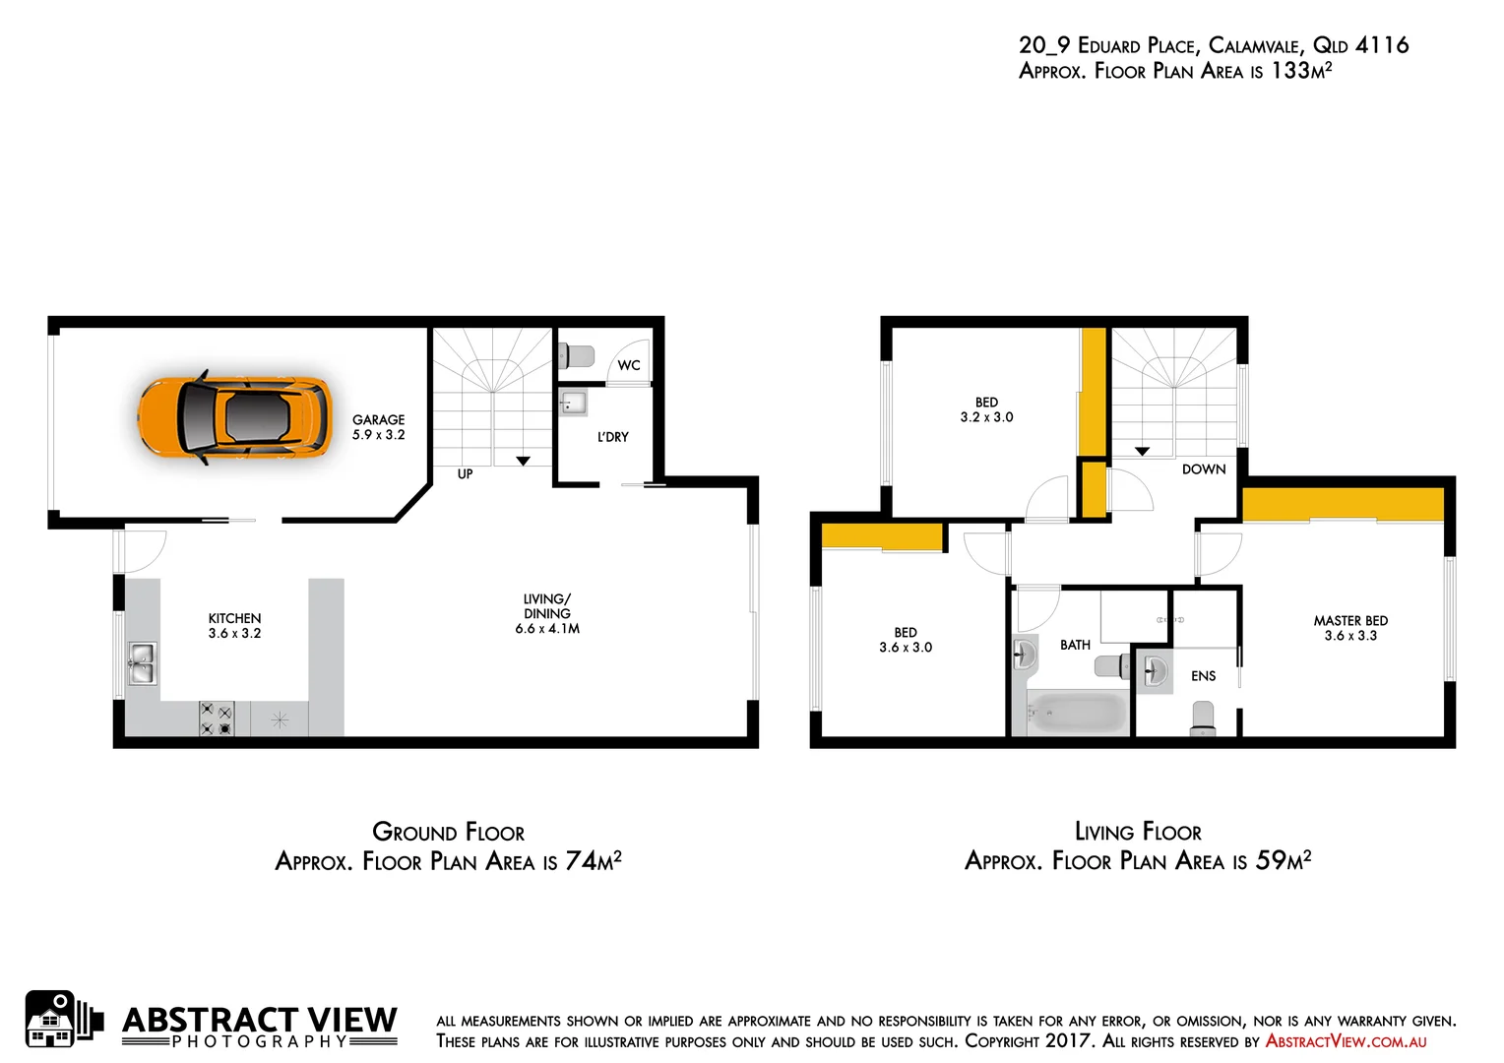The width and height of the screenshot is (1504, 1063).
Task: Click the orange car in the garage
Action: pyautogui.click(x=234, y=417)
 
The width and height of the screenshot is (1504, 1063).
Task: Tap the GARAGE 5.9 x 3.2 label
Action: pyautogui.click(x=379, y=427)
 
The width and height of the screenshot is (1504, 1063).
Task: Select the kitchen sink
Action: pyautogui.click(x=141, y=662)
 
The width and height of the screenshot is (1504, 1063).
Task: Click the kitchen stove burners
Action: pyautogui.click(x=217, y=719)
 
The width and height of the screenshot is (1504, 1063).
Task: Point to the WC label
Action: pyautogui.click(x=629, y=365)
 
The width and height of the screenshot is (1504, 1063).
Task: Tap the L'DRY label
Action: pyautogui.click(x=612, y=437)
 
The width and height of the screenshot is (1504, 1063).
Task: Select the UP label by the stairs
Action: pyautogui.click(x=465, y=474)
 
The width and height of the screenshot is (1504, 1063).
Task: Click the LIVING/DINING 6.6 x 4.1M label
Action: pyautogui.click(x=547, y=613)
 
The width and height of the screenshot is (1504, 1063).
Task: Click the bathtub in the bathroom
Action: pyautogui.click(x=1078, y=713)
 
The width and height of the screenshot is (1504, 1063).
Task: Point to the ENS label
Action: pyautogui.click(x=1203, y=676)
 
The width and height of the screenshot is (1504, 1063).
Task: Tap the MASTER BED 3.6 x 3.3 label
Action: pyautogui.click(x=1350, y=628)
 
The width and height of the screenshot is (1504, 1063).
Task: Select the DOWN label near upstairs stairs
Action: pyautogui.click(x=1203, y=469)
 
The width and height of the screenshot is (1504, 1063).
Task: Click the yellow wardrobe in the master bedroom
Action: pyautogui.click(x=1343, y=504)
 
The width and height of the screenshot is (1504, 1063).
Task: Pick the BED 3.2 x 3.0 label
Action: pyautogui.click(x=986, y=409)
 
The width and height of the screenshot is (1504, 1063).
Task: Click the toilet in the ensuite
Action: pyautogui.click(x=1203, y=718)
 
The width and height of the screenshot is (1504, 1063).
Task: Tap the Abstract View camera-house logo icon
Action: pyautogui.click(x=62, y=1020)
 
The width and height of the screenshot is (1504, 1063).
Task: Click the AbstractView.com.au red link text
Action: pyautogui.click(x=1346, y=1041)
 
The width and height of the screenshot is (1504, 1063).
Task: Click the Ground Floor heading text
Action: pyautogui.click(x=448, y=833)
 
